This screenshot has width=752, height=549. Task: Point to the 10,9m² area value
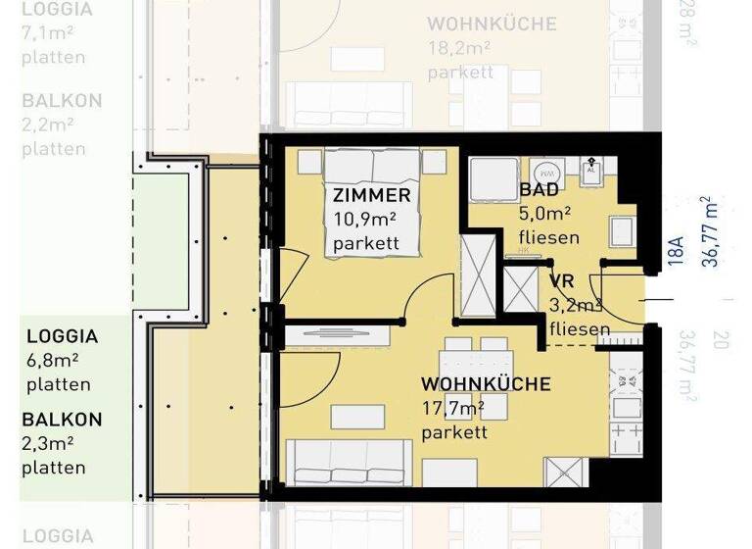(x=364, y=221)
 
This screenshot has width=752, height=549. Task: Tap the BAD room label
(x=539, y=189)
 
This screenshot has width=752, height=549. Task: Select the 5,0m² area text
(x=544, y=213)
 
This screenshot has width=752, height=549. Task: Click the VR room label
(x=561, y=282)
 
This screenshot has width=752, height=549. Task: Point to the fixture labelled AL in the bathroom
(x=590, y=171)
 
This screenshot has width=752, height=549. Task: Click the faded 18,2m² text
(x=460, y=48)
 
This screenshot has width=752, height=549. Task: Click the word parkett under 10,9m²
(x=365, y=244)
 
